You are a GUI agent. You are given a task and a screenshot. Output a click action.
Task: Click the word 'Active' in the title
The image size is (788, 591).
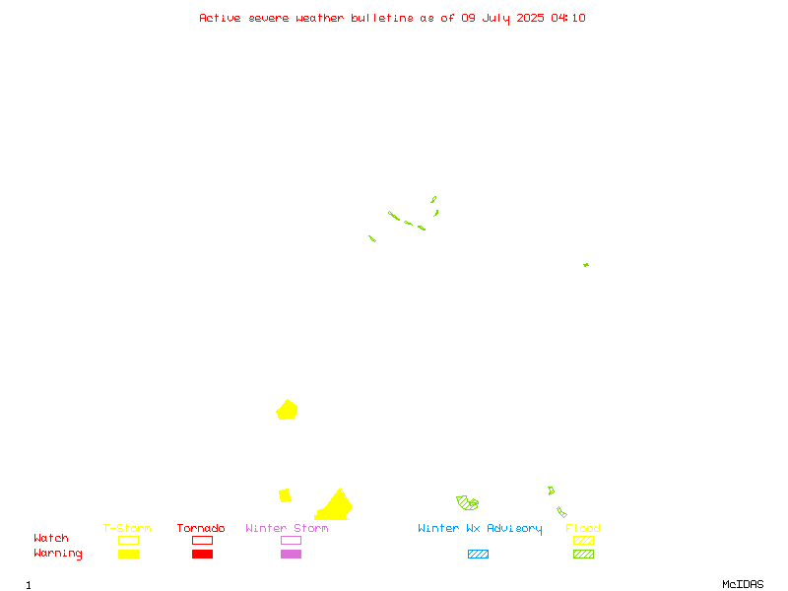tap(220, 18)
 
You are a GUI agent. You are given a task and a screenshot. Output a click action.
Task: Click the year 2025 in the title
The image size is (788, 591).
tap(530, 18)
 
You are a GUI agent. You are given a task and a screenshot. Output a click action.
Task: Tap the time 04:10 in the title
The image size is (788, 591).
tap(568, 18)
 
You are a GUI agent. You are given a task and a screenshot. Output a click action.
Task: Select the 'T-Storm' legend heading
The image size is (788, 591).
tap(127, 528)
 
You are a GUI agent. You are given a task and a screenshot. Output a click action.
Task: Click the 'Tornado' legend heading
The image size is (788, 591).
tap(201, 528)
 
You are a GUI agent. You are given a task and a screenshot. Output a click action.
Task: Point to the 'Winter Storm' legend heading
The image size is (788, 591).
tap(287, 528)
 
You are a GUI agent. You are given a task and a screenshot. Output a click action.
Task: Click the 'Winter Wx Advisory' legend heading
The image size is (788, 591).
tap(480, 529)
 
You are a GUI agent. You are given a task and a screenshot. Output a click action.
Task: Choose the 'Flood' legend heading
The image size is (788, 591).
tap(583, 528)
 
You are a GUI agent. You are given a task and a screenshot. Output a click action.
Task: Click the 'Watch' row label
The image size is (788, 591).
tap(51, 538)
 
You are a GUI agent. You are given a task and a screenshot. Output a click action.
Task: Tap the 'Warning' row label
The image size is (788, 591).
tap(58, 554)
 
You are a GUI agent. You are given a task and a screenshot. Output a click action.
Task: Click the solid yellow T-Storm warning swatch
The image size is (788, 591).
tap(129, 554)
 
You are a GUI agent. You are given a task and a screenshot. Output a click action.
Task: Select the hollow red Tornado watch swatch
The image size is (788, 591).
tap(203, 540)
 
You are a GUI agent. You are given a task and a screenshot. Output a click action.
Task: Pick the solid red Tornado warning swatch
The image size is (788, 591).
tap(203, 554)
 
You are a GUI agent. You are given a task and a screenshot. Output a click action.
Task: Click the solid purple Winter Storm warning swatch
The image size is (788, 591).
tap(291, 554)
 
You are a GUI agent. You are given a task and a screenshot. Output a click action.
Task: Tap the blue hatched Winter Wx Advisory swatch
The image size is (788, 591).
tap(478, 554)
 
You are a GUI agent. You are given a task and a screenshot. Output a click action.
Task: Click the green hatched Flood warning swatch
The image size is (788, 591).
tap(583, 554)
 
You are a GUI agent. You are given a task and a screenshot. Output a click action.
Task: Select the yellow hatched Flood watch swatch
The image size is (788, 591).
tap(583, 540)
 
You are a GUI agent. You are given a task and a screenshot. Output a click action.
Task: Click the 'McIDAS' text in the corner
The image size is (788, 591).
tap(743, 584)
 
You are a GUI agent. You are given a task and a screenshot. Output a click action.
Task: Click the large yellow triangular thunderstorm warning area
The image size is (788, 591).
tap(335, 507)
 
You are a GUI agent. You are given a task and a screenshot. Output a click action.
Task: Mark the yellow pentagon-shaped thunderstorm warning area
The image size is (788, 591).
tap(287, 410)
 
